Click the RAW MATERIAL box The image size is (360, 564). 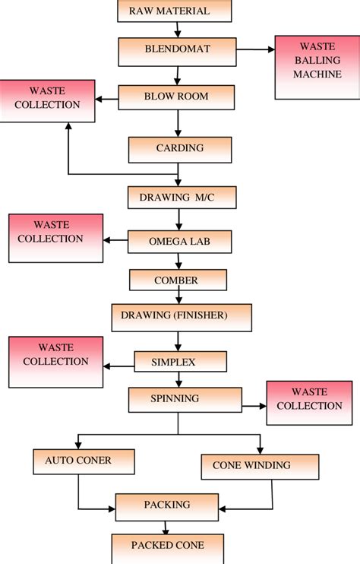click(x=174, y=11)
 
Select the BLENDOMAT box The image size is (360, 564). click(x=178, y=51)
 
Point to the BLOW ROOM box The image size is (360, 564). click(x=175, y=97)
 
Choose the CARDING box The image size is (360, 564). click(x=178, y=149)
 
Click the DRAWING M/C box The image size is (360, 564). click(x=182, y=197)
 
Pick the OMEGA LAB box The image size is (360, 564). click(x=179, y=242)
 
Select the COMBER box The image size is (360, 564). click(x=178, y=280)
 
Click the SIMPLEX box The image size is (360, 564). click(x=180, y=362)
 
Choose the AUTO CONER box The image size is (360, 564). click(x=84, y=461)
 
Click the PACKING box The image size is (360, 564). click(x=167, y=505)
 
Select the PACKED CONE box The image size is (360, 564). click(x=168, y=546)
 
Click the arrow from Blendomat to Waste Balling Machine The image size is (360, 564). click(x=255, y=50)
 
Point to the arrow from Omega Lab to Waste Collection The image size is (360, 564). click(x=115, y=241)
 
